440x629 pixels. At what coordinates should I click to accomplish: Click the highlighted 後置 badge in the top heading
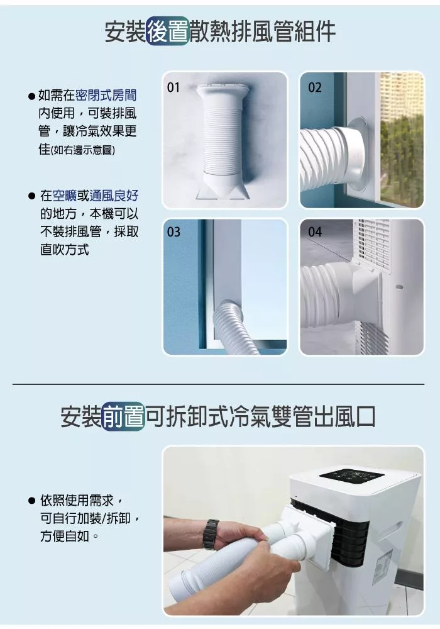(x=167, y=31)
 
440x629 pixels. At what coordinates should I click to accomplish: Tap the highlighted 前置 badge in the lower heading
(x=123, y=416)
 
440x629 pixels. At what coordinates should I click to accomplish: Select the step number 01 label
(x=173, y=87)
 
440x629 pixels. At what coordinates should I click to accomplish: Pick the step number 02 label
(x=314, y=87)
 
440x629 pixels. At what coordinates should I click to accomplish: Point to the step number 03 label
(x=173, y=232)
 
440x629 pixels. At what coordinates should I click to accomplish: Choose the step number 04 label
(x=314, y=232)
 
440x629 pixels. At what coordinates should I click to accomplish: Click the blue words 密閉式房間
(x=106, y=95)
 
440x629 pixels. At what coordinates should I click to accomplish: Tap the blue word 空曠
(x=65, y=196)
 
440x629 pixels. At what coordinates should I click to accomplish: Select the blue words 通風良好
(x=114, y=196)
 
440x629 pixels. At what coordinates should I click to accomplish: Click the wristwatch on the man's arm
(x=211, y=534)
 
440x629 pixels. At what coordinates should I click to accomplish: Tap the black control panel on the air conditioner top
(x=351, y=476)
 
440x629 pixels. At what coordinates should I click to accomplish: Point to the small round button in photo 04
(x=399, y=287)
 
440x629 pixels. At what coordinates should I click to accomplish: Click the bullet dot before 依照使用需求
(x=32, y=501)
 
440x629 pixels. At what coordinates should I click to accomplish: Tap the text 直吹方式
(x=65, y=250)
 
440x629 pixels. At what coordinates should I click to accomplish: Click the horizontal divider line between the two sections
(x=218, y=384)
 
